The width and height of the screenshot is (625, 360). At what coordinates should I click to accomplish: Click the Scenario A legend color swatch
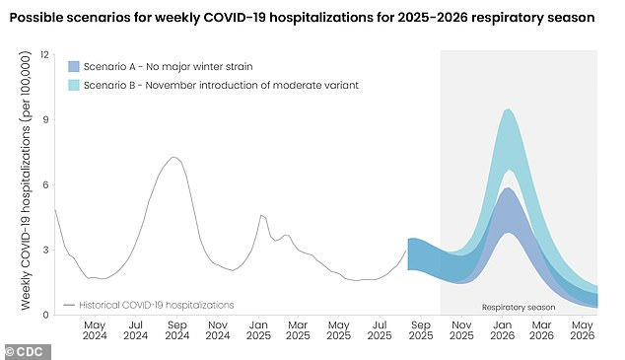click(73, 66)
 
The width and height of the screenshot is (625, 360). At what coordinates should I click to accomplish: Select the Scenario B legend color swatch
click(73, 86)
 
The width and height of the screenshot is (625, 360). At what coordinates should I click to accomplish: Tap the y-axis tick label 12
click(44, 54)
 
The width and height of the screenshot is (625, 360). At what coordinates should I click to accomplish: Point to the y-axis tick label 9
click(45, 119)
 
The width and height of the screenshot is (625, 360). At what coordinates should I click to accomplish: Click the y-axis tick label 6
click(45, 184)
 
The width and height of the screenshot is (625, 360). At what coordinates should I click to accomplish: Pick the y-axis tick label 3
click(45, 250)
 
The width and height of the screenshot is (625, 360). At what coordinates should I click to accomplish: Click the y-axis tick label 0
click(45, 315)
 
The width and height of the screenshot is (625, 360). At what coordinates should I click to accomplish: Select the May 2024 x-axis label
click(95, 329)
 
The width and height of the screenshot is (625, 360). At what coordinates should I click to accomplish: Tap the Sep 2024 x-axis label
click(176, 329)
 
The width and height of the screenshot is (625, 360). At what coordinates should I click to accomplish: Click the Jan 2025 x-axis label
click(258, 329)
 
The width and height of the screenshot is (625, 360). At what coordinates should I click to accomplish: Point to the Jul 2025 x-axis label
click(380, 329)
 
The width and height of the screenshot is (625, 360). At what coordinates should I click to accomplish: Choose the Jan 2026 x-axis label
click(503, 329)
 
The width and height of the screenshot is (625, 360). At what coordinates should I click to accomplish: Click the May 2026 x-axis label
click(584, 329)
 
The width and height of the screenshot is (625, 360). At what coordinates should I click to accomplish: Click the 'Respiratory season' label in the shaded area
click(519, 307)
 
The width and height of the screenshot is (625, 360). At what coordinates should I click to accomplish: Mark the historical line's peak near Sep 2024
click(174, 157)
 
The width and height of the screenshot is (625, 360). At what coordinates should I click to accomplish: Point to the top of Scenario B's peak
click(508, 109)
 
